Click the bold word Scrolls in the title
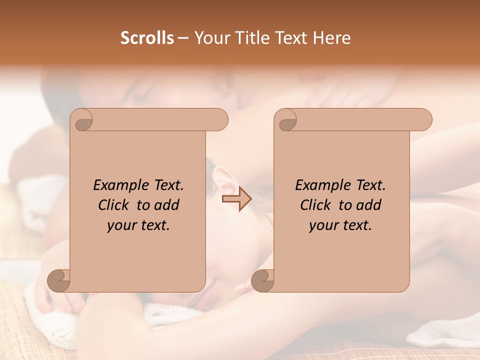pyautogui.click(x=147, y=38)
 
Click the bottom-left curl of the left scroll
pyautogui.click(x=58, y=280)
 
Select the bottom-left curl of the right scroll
pyautogui.click(x=262, y=280)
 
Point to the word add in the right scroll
pyautogui.click(x=368, y=205)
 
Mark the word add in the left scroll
pyautogui.click(x=166, y=205)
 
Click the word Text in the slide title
pyautogui.click(x=290, y=38)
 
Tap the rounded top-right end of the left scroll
pyautogui.click(x=220, y=120)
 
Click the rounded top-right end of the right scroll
pyautogui.click(x=424, y=120)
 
